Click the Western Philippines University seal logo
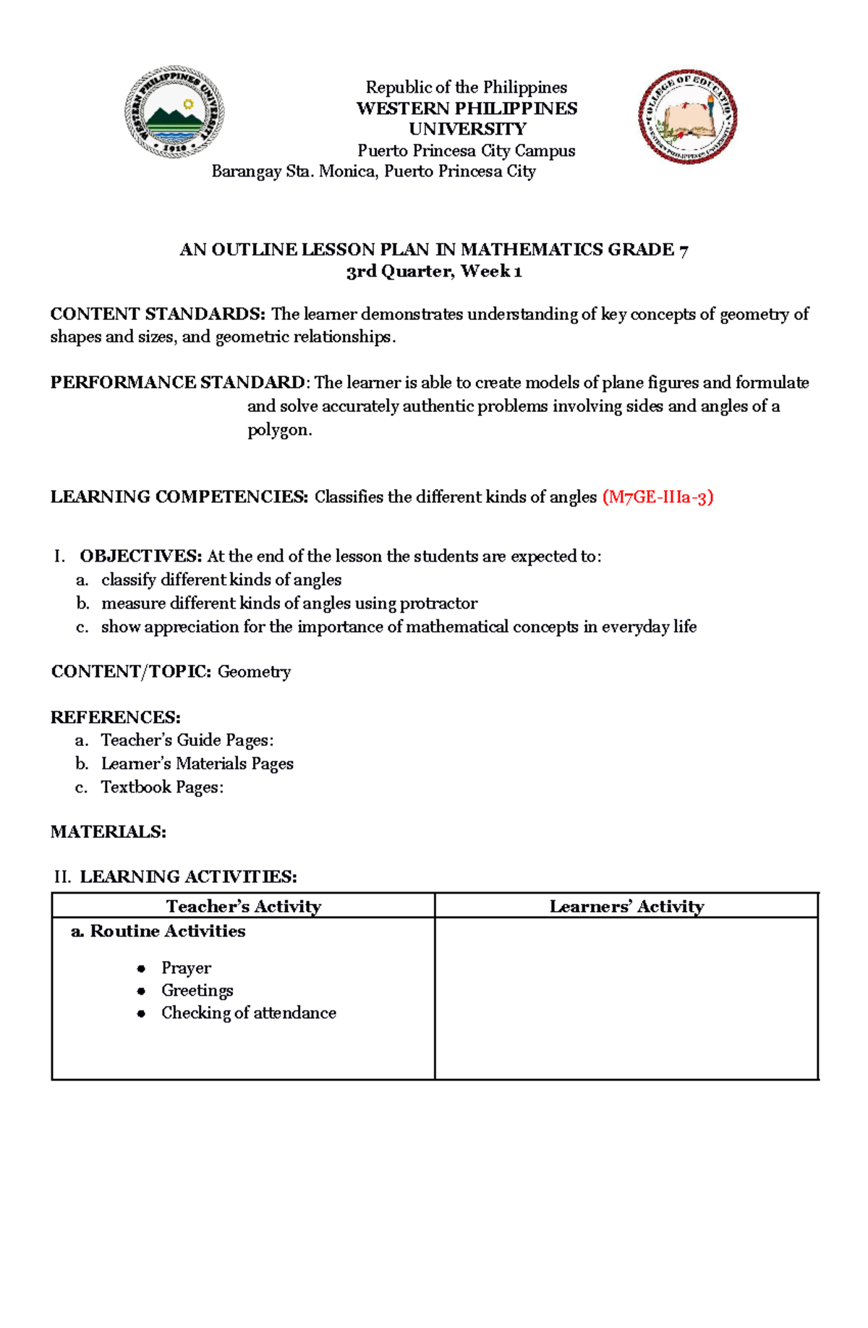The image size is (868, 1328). pos(174,112)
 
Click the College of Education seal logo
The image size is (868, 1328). pos(687,117)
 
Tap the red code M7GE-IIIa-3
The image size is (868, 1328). pos(658,497)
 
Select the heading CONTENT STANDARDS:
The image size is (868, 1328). pos(158,314)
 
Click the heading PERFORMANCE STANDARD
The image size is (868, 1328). pos(177,382)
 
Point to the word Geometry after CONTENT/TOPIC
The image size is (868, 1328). pos(254,672)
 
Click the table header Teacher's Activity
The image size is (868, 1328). pos(243,906)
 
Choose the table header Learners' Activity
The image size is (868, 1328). pos(626,906)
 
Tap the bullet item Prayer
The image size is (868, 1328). pos(186,968)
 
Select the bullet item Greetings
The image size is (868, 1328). pos(197,990)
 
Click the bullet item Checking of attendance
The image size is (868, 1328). pos(248,1012)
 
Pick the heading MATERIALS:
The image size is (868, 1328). pos(109,832)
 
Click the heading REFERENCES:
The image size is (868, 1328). pos(116,717)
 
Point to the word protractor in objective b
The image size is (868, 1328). pos(438,603)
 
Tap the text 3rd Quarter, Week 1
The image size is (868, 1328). pos(434,271)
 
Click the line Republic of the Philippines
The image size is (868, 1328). pos(467,88)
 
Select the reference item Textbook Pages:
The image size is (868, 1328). pos(162,787)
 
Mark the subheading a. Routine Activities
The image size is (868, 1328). pos(158,931)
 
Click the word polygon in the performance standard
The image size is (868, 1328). pos(279,430)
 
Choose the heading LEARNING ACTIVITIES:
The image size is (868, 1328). pos(188,877)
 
